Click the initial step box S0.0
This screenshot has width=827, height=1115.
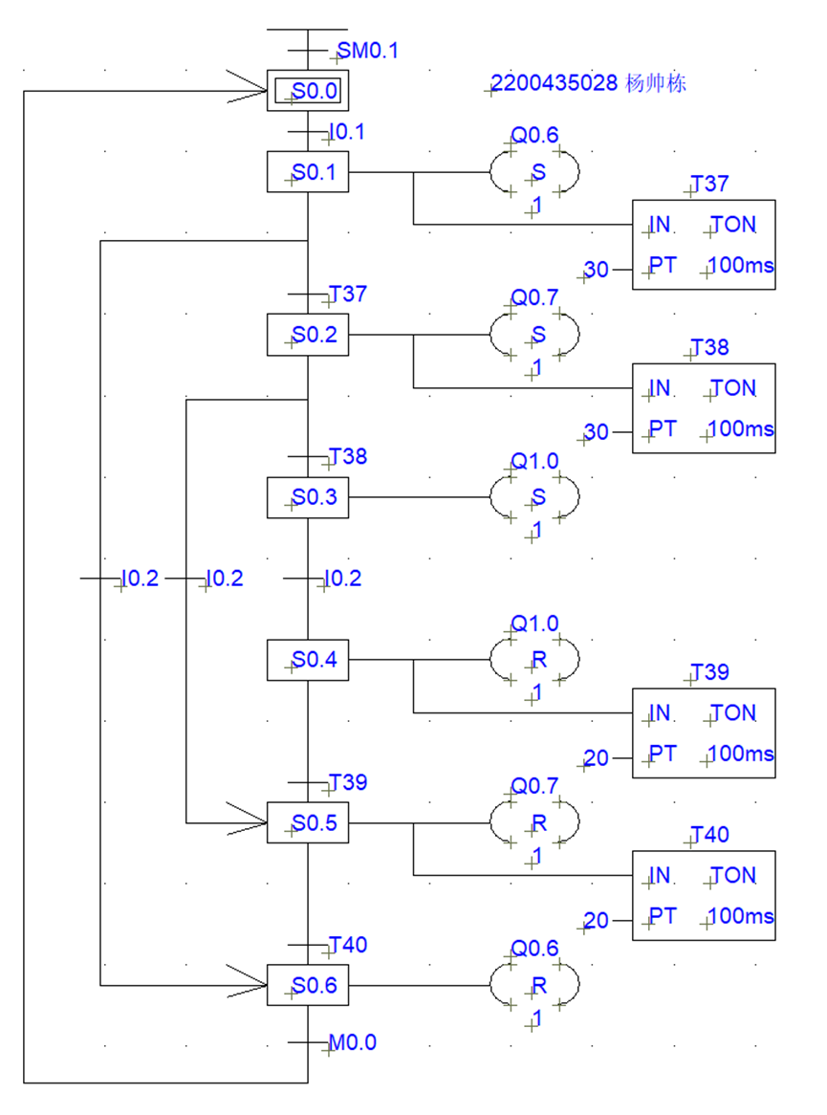point(308,92)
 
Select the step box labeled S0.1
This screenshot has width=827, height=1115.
point(308,173)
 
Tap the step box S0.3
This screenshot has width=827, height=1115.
point(308,497)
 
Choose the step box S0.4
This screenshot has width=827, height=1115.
point(308,660)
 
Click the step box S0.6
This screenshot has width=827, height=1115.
point(308,985)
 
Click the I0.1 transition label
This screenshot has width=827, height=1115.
point(346,132)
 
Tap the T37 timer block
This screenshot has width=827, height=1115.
point(704,245)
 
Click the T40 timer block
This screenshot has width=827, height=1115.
point(704,895)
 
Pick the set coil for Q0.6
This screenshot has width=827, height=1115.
point(535,173)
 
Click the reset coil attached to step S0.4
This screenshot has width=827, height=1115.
point(535,660)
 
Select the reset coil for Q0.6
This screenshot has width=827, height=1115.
point(535,985)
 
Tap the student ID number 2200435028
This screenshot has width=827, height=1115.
point(554,84)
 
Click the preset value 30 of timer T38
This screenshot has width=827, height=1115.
point(597,433)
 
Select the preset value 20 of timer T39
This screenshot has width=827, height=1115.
point(597,758)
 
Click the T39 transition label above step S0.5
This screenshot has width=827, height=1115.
point(348,783)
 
